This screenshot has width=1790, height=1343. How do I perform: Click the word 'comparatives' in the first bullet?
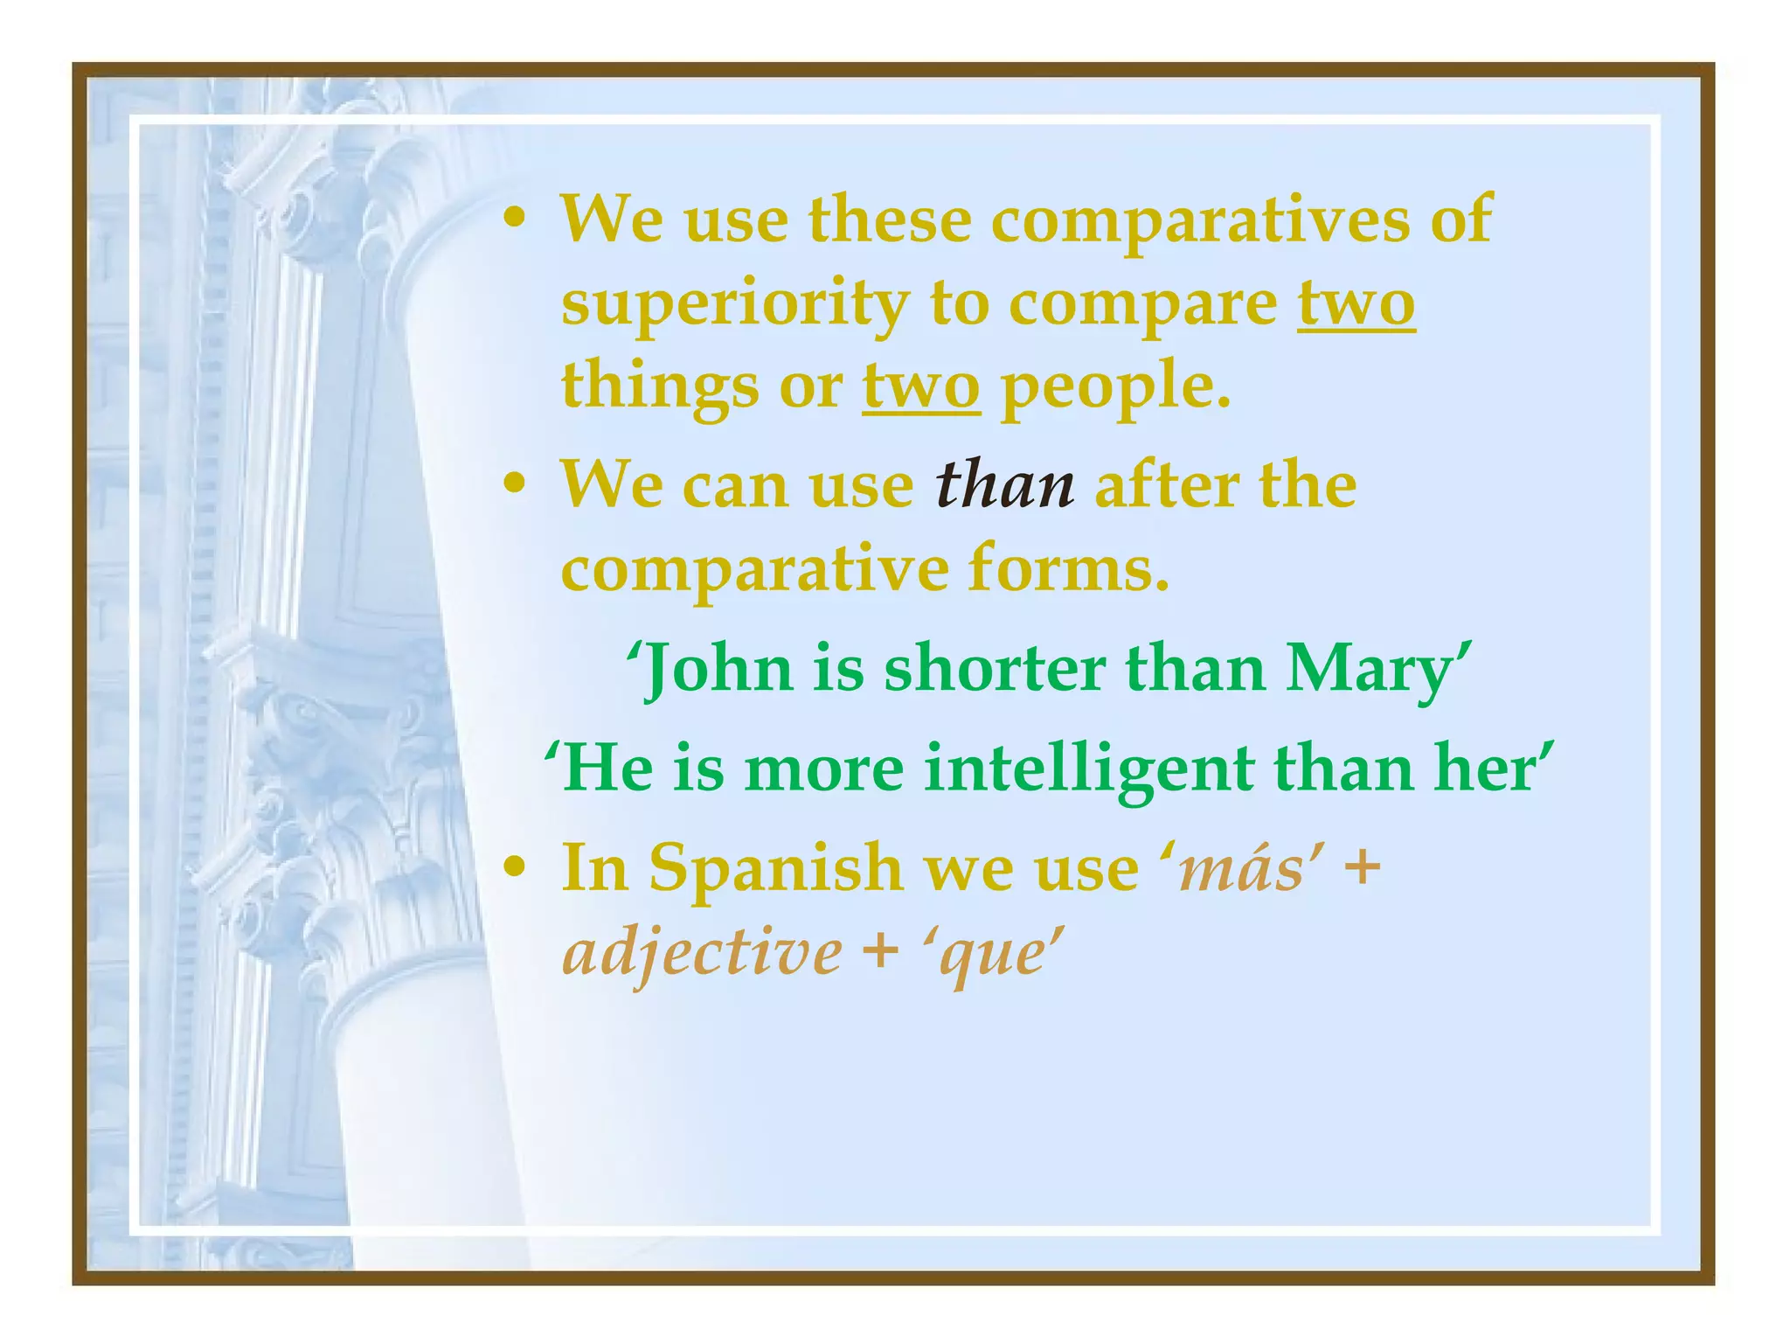tap(1199, 220)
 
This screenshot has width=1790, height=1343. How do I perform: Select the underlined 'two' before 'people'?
tap(921, 387)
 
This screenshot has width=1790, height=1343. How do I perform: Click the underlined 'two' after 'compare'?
tap(1356, 304)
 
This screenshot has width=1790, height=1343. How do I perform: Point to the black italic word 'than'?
tap(1004, 486)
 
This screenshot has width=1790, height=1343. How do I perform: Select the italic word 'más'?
tap(1241, 871)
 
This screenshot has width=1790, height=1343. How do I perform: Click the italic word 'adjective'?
tap(703, 953)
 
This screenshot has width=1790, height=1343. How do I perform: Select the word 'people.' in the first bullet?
tap(1115, 387)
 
